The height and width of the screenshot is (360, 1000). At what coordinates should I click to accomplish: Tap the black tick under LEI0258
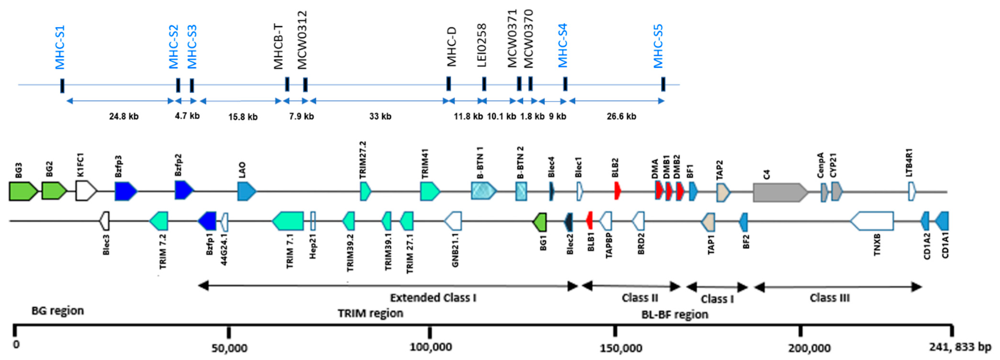click(484, 84)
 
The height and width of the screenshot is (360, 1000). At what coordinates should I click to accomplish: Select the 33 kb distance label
click(380, 116)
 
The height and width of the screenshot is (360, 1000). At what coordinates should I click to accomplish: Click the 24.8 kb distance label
click(124, 116)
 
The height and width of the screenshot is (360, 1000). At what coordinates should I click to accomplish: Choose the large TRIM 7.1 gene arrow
click(288, 221)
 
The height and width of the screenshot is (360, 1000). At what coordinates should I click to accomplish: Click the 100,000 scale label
click(430, 347)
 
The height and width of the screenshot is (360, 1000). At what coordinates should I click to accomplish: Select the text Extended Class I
click(433, 298)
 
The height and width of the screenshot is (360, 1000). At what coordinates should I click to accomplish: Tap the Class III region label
click(830, 298)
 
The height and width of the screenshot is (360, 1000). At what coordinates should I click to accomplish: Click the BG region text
click(57, 311)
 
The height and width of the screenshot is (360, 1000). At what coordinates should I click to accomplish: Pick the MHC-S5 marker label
click(658, 47)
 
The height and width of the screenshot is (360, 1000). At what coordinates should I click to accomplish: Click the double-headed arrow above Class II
click(631, 286)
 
